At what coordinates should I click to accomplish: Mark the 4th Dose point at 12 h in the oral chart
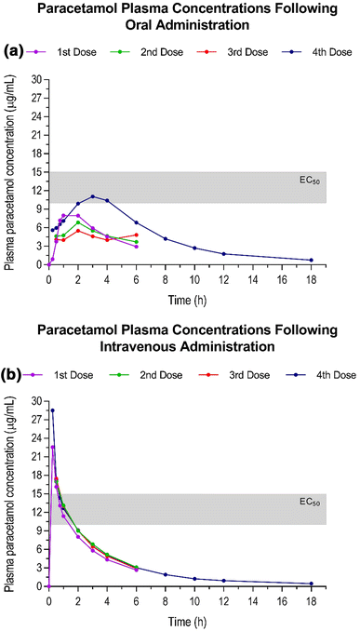(x=223, y=254)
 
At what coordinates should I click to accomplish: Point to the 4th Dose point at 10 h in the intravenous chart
(x=194, y=579)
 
